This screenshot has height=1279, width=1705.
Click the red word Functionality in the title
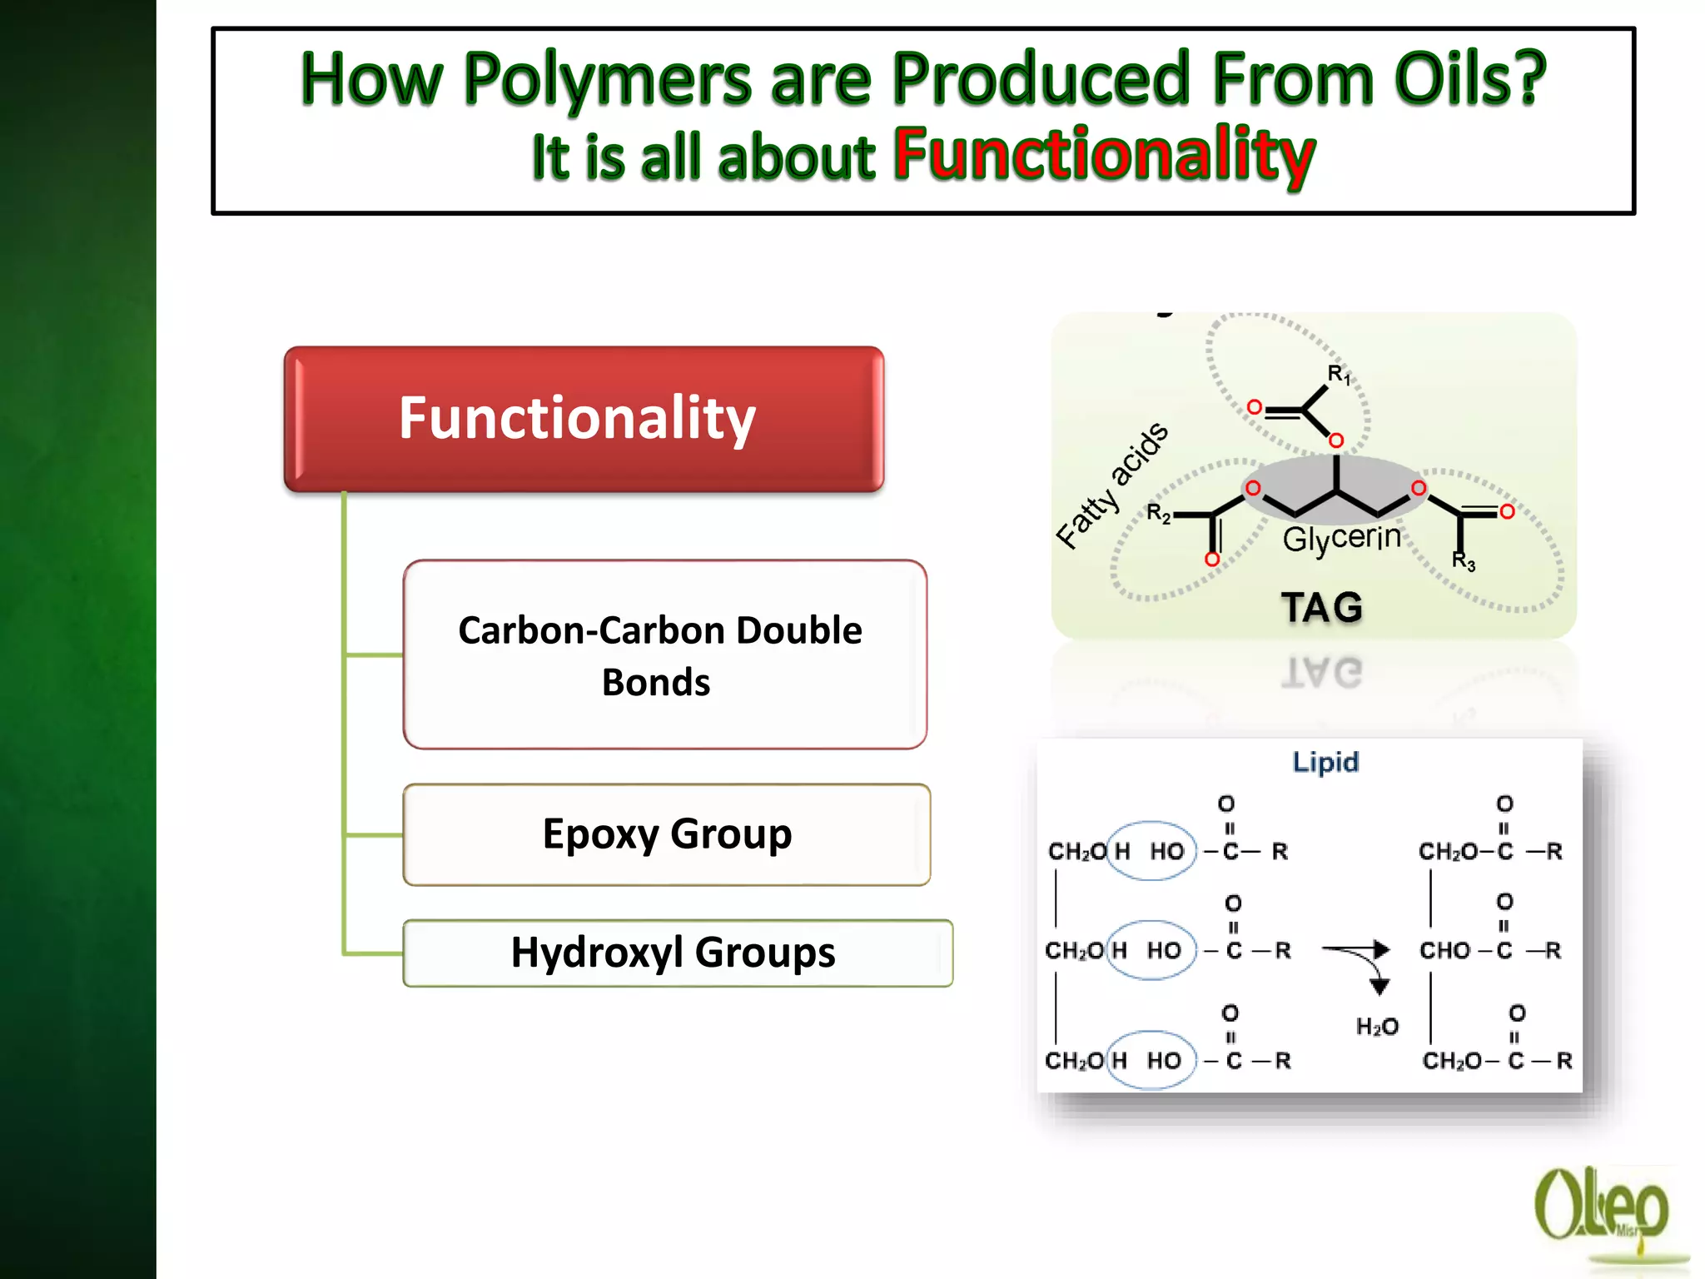click(x=1104, y=155)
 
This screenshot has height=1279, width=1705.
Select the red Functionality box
click(x=584, y=419)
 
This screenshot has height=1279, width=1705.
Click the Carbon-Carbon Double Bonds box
click(x=664, y=654)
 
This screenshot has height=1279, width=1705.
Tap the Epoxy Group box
click(x=666, y=834)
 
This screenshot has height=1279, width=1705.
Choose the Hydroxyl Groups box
click(x=677, y=953)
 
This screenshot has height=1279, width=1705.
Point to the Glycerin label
click(x=1341, y=538)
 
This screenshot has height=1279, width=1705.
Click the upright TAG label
click(x=1322, y=607)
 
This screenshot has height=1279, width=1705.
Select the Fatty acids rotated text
click(x=1111, y=485)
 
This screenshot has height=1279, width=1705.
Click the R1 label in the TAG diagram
click(x=1339, y=375)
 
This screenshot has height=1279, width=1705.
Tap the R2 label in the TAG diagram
click(x=1158, y=513)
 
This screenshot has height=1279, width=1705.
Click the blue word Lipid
click(x=1325, y=762)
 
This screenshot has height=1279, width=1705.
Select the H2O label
click(x=1377, y=1026)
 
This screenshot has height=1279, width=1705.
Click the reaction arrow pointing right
click(x=1355, y=949)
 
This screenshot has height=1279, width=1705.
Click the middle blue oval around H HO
click(x=1151, y=950)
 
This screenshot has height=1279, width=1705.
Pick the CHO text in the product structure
click(x=1444, y=950)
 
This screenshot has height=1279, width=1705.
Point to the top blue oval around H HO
click(x=1151, y=851)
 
